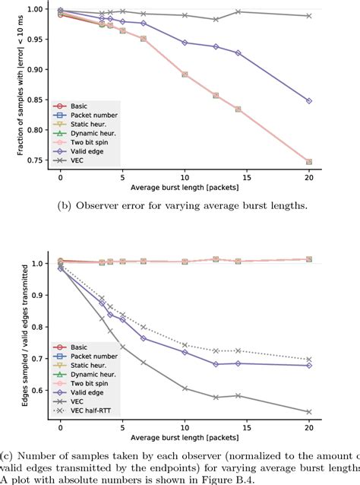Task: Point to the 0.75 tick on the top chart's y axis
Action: tap(45, 162)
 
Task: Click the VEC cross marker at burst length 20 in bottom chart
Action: tap(308, 412)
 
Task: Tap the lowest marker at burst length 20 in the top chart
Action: tap(308, 162)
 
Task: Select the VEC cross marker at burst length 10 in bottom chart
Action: tap(185, 388)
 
